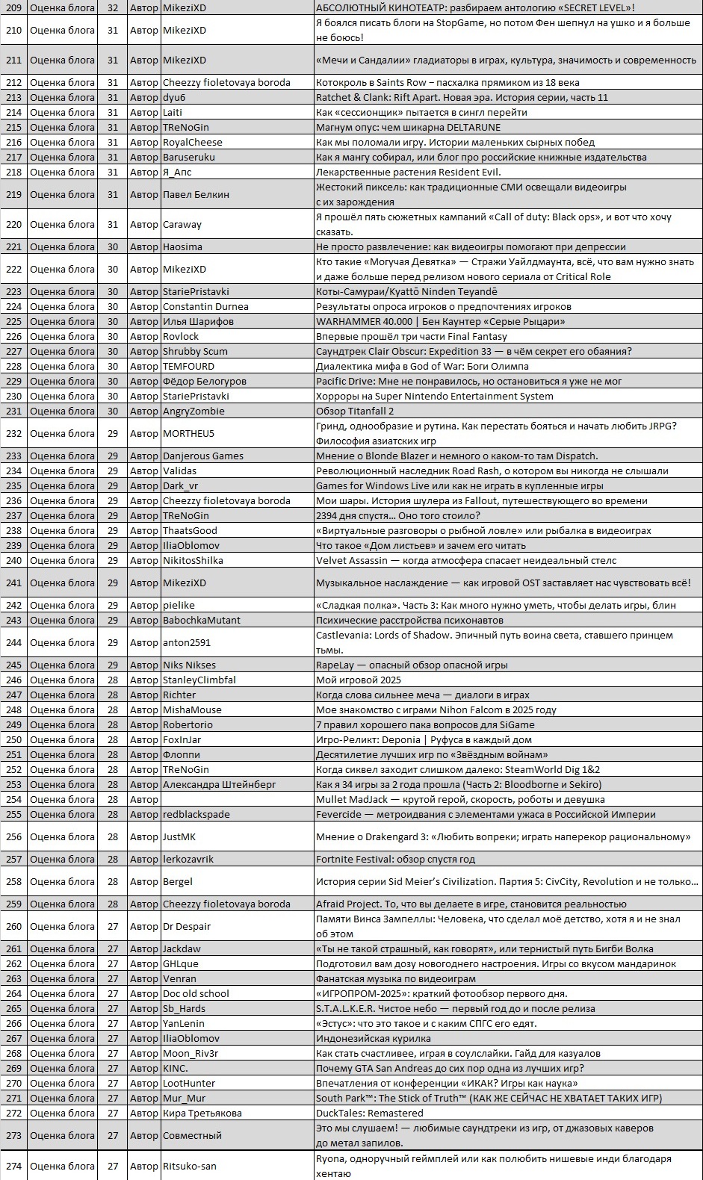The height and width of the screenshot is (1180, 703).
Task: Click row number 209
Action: tap(14, 7)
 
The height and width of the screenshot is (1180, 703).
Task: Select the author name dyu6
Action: tap(174, 97)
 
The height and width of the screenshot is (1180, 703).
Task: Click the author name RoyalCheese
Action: tap(193, 142)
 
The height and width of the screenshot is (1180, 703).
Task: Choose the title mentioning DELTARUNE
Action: tap(408, 127)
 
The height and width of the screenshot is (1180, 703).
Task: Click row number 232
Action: tap(14, 433)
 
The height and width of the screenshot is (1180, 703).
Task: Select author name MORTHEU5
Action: tap(188, 433)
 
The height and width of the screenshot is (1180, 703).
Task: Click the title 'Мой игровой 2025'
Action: tap(359, 680)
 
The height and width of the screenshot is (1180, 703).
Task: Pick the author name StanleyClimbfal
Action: tap(199, 680)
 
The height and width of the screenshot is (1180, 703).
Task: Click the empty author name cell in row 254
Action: tap(236, 799)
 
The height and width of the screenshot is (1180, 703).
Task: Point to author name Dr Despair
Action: tap(187, 926)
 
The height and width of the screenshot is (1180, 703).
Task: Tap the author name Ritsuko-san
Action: tap(190, 1166)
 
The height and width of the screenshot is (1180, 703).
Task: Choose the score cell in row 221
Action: tap(113, 246)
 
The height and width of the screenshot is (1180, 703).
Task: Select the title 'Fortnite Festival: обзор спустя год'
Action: tap(395, 859)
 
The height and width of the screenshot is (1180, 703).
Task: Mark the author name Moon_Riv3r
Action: tap(191, 1053)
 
